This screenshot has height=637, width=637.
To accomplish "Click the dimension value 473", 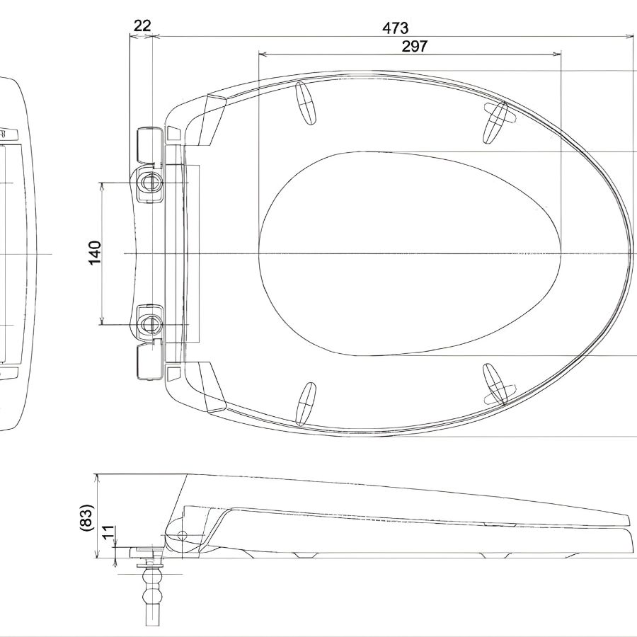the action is [x=395, y=28].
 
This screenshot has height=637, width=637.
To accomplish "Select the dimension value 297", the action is [x=414, y=46].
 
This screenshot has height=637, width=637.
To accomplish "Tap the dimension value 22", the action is [x=142, y=25].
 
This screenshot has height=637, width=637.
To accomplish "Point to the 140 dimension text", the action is [x=95, y=253].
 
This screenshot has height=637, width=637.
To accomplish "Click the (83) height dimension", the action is [x=87, y=517].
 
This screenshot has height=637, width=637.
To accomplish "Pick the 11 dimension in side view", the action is [x=108, y=532].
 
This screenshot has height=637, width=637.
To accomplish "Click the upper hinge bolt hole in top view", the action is [x=150, y=183].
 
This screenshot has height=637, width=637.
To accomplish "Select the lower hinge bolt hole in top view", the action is [x=150, y=325].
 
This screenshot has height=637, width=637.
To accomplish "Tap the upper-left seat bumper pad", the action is [x=306, y=102].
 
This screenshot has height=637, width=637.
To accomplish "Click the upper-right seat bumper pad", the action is [x=495, y=122].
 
